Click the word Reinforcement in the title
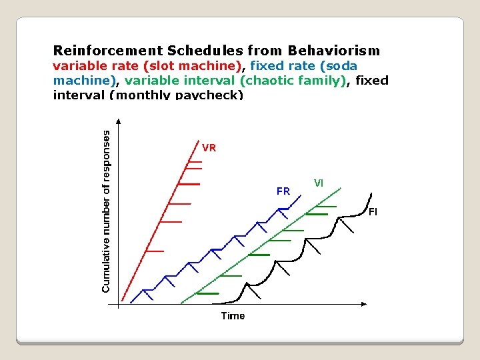pyautogui.click(x=108, y=51)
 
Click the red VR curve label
pyautogui.click(x=209, y=148)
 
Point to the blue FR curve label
pyautogui.click(x=283, y=191)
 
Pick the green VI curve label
pyautogui.click(x=319, y=183)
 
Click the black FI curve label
pyautogui.click(x=373, y=212)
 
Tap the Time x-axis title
pyautogui.click(x=233, y=316)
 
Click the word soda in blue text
pyautogui.click(x=342, y=66)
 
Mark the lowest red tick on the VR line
pyautogui.click(x=154, y=251)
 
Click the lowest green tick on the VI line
pyautogui.click(x=207, y=293)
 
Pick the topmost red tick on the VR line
pyautogui.click(x=195, y=162)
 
